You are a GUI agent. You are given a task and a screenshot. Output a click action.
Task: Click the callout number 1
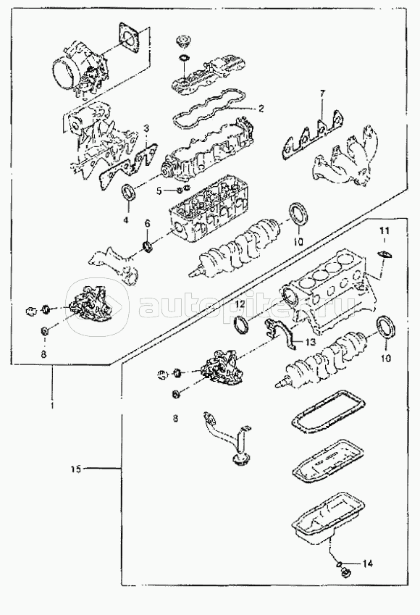pyautogui.click(x=52, y=405)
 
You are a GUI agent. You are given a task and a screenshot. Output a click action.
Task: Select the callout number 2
pyautogui.click(x=261, y=109)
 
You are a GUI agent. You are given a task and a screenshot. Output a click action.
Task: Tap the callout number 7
pyautogui.click(x=322, y=93)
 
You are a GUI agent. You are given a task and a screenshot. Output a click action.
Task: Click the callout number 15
pyautogui.click(x=76, y=468)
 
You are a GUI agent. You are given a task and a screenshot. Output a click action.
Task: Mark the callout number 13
pyautogui.click(x=310, y=343)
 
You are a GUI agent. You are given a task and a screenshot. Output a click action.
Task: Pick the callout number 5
pyautogui.click(x=159, y=191)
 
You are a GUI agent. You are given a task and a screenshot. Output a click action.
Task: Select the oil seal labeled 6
pyautogui.click(x=148, y=247)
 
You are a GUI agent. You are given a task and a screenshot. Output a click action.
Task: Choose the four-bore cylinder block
pyautogui.click(x=327, y=290)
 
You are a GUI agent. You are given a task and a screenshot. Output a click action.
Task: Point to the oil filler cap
pyautogui.click(x=182, y=41)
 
